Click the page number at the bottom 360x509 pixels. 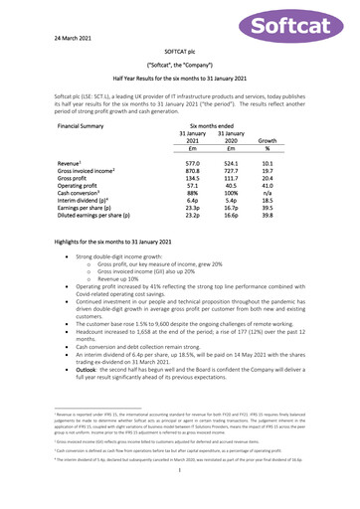pos(179,484)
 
